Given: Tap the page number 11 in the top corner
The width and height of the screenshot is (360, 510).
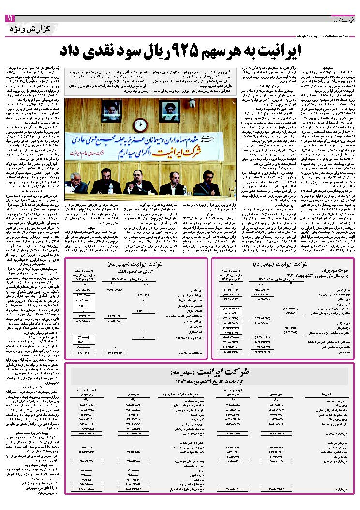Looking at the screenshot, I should [10, 18].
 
